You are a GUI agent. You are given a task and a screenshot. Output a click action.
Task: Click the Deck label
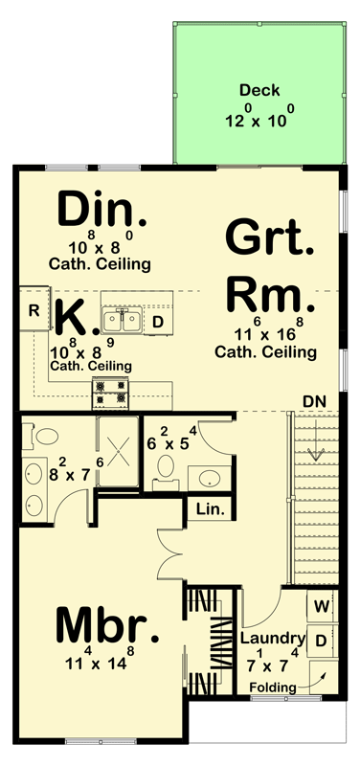pos(259,91)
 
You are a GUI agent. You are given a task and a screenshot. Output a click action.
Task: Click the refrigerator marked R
pos(33,309)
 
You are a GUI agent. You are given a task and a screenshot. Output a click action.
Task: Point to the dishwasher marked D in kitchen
pos(157,322)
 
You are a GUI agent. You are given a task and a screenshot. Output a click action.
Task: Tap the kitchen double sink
pos(124,320)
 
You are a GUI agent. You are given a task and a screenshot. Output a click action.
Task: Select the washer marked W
pos(320,606)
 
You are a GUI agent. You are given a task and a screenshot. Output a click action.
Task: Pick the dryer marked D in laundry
pos(320,639)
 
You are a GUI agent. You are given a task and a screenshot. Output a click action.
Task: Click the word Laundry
pos(272,639)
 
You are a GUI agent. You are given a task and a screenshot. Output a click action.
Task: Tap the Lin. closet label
pos(210,508)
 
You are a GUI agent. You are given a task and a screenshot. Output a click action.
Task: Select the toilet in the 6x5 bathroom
pos(165,468)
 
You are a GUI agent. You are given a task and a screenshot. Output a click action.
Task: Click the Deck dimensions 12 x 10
pos(259,122)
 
